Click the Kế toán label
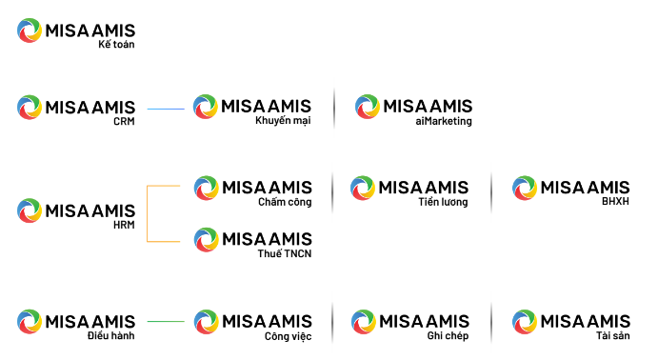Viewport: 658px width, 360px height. tap(116, 44)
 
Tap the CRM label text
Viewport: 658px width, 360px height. tap(124, 121)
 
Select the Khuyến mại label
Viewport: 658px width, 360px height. tap(283, 120)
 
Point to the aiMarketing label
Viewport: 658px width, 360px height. tap(444, 121)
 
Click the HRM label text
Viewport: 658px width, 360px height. tap(124, 225)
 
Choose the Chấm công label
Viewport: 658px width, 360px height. tap(285, 202)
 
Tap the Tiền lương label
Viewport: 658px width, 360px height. tap(443, 202)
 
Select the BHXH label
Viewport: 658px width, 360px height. tap(615, 201)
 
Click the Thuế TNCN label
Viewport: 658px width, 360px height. tap(285, 253)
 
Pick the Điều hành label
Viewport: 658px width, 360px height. tap(111, 335)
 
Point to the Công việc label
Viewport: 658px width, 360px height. tap(289, 336)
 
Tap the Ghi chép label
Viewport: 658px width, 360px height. tap(448, 335)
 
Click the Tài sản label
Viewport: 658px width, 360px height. tap(613, 335)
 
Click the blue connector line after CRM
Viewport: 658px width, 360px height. tap(166, 110)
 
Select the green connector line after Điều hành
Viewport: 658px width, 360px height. tap(166, 321)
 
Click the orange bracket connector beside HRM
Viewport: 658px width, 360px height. tap(148, 213)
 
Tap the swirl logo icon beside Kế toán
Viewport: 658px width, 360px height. tap(30, 30)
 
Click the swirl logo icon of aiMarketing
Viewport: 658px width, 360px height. tap(368, 107)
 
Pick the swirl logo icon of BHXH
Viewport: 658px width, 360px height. tap(525, 188)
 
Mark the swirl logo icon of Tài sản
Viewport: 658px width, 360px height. tap(525, 322)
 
